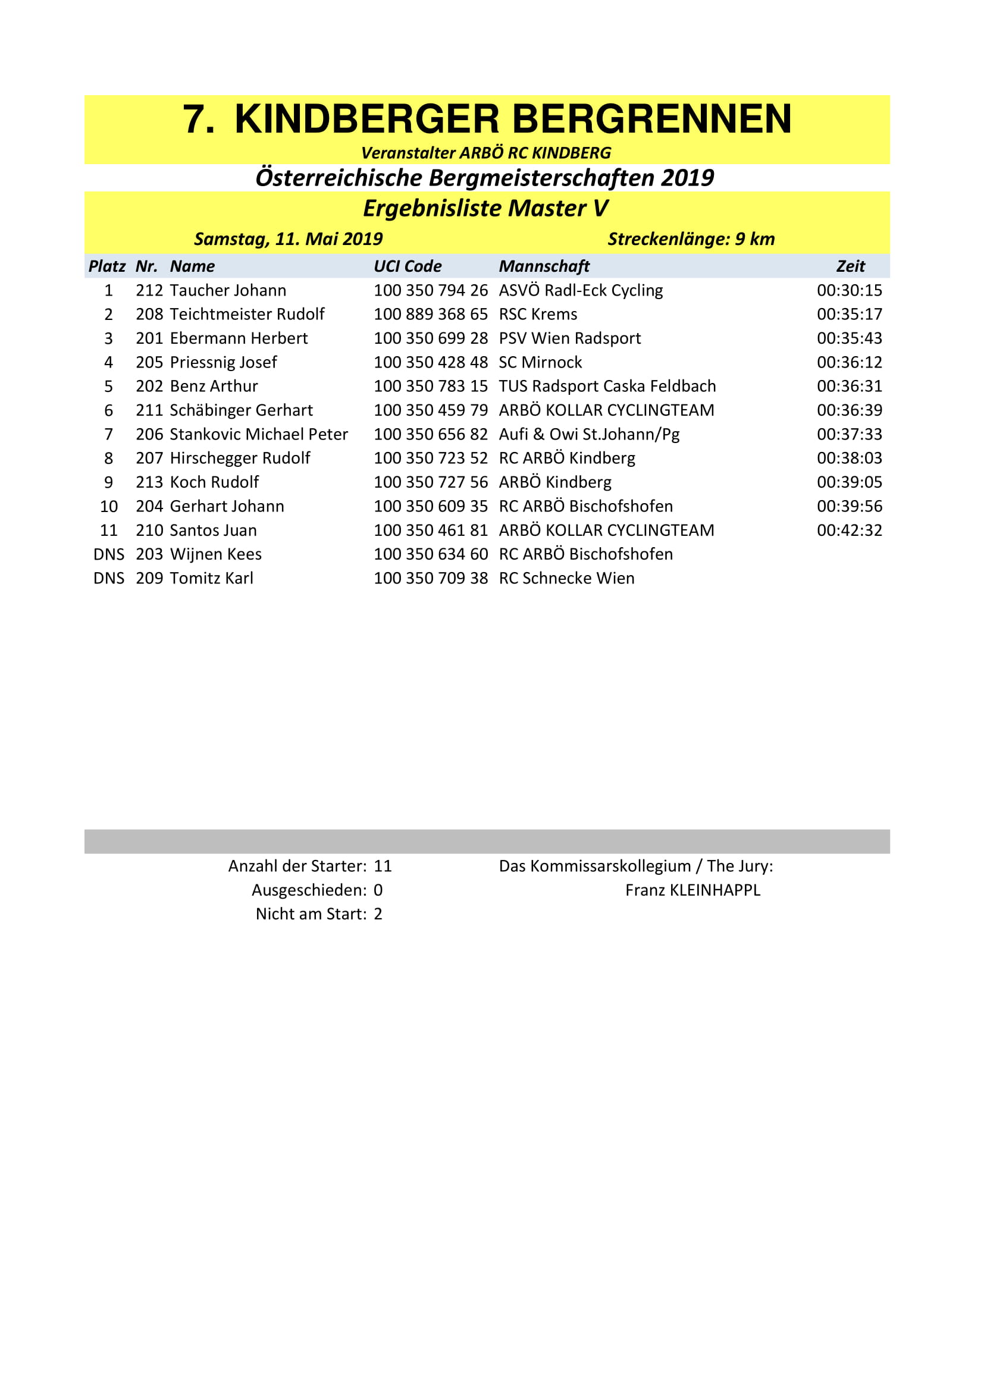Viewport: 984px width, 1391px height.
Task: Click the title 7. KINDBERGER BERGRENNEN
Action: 487,119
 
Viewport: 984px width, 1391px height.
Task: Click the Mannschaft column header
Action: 544,266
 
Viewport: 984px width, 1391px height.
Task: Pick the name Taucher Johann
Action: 228,291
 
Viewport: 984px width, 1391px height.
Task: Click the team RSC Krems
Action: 537,315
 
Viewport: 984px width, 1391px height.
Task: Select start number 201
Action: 149,338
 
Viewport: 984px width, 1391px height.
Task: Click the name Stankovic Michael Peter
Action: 259,434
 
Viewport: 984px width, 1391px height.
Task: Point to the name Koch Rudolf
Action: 214,482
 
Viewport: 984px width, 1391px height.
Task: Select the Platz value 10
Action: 108,507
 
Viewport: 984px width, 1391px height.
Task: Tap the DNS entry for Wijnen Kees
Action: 108,554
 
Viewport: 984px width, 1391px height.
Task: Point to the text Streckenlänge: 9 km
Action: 691,239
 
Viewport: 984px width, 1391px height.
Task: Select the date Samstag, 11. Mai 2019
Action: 288,239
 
